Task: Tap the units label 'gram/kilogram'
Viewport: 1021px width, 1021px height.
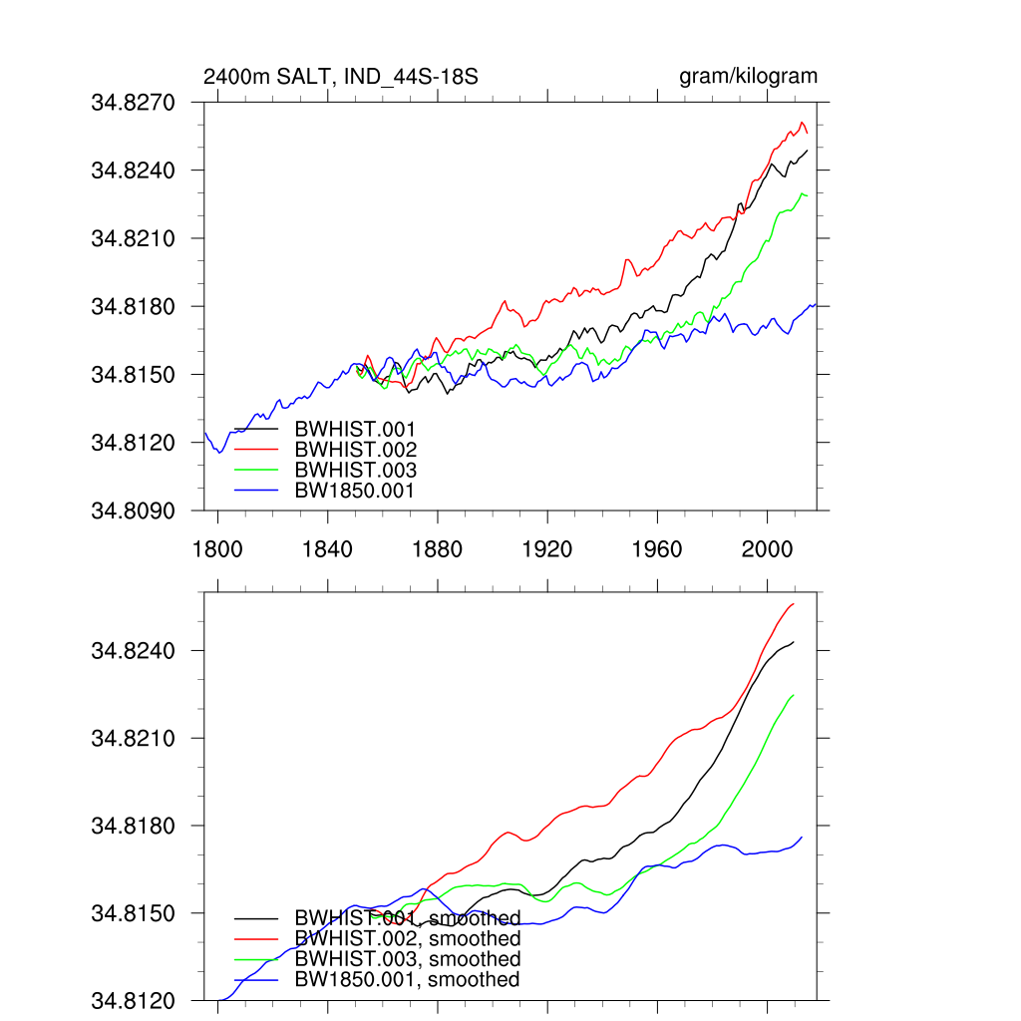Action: point(748,77)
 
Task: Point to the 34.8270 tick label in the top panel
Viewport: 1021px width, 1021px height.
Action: point(134,103)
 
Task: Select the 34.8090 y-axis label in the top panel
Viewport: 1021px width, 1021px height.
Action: point(134,510)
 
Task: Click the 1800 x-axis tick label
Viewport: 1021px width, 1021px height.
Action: point(217,549)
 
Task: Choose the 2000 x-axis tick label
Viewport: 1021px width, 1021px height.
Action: point(768,549)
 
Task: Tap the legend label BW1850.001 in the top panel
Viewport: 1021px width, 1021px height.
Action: point(355,490)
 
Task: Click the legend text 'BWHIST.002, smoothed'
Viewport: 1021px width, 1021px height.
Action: point(408,939)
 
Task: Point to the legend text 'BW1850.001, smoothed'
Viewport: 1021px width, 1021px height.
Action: point(408,979)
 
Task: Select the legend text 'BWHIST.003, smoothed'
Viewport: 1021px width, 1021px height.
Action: point(408,959)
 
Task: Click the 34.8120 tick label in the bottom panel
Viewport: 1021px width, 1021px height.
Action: point(134,1000)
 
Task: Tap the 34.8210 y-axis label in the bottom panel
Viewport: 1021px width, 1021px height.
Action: point(134,739)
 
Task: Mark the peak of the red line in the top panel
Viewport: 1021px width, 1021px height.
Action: point(803,123)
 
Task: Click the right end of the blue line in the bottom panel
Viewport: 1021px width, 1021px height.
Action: point(802,837)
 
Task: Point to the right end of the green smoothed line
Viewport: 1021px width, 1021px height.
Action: point(794,695)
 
